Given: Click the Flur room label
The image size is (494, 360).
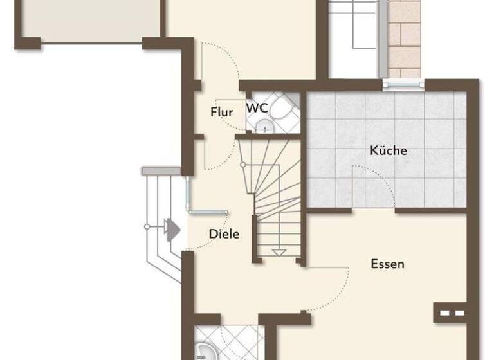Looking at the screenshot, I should pyautogui.click(x=221, y=113).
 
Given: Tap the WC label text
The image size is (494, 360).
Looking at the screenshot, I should pyautogui.click(x=257, y=108).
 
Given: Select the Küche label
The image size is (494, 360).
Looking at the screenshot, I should pyautogui.click(x=389, y=151).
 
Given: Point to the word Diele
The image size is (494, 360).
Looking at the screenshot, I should pyautogui.click(x=224, y=234).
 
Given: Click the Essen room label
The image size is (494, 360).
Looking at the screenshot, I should pyautogui.click(x=387, y=264).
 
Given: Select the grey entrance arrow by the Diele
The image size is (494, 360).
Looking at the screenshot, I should pyautogui.click(x=171, y=228).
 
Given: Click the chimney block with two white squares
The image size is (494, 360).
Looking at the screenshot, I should pyautogui.click(x=450, y=313).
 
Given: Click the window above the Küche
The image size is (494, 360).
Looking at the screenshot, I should pyautogui.click(x=403, y=83).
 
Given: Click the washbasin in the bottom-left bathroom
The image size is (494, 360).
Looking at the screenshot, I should pyautogui.click(x=205, y=350).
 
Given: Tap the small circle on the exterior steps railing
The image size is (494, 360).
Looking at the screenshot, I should pyautogui.click(x=147, y=226).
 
